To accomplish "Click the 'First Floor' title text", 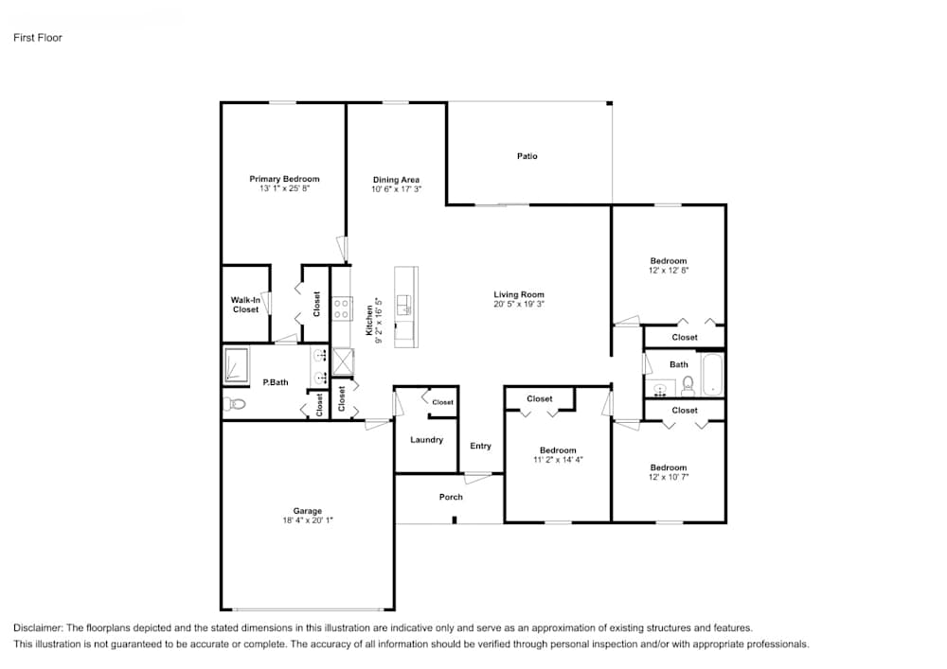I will point(38,38).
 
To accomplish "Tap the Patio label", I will point(527,156).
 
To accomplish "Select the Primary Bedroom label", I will point(284,179).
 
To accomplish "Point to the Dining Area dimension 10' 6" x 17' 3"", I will point(396,189).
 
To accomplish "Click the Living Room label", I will point(519,294).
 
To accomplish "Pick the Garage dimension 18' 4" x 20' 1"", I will point(307,520).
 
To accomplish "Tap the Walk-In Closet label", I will point(245,305).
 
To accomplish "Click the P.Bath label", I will point(276,382).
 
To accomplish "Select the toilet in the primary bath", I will point(235,404).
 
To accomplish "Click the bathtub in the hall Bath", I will point(712,376).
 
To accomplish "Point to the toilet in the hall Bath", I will point(688,385).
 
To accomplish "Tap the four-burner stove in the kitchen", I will point(342,308).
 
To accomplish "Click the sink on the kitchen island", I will point(404,305).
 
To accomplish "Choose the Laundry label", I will point(426,440).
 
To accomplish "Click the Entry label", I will point(480,446).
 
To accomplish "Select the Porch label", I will point(451,497).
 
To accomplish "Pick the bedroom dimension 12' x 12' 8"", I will point(668,271).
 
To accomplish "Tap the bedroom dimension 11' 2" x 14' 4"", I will point(558,460).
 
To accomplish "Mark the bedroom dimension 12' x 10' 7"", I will point(668,477).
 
